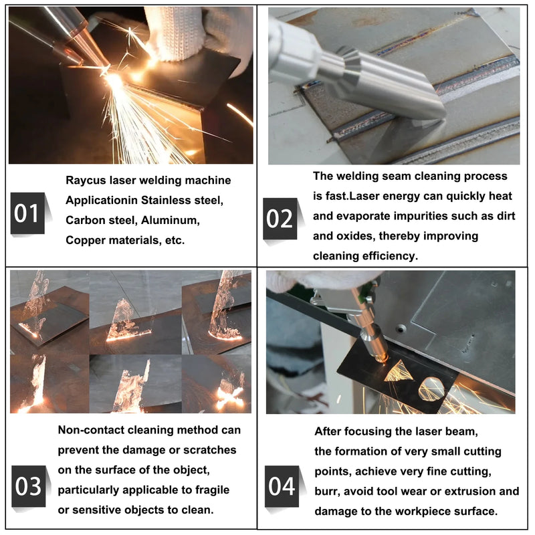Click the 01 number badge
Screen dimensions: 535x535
pyautogui.click(x=27, y=213)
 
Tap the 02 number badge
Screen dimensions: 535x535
pyautogui.click(x=280, y=219)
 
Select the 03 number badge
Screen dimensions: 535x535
pyautogui.click(x=28, y=486)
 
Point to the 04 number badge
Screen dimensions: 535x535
pyautogui.click(x=282, y=486)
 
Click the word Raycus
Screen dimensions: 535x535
pyautogui.click(x=85, y=181)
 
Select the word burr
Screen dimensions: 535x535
pyautogui.click(x=326, y=492)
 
